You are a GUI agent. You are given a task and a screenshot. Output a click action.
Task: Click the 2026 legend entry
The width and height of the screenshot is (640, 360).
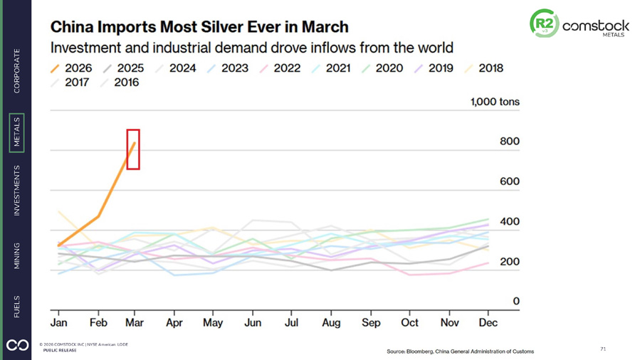coord(71,68)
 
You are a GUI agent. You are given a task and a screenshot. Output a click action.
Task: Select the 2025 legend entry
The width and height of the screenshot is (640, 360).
coord(123,68)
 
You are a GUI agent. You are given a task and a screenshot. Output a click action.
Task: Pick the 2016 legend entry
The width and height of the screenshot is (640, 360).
coord(120,83)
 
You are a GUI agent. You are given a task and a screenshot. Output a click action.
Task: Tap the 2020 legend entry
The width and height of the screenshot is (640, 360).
coord(382,68)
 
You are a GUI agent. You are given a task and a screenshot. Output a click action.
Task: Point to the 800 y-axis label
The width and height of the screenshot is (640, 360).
coord(510,142)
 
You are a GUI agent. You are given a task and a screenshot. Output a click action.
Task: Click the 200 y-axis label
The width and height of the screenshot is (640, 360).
coord(510,261)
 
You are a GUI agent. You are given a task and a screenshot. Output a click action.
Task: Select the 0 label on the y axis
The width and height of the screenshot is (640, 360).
coord(516,301)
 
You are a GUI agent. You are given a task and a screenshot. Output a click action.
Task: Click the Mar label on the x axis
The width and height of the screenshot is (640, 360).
coord(135,323)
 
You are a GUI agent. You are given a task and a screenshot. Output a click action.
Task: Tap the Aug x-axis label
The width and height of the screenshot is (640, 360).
coord(331,323)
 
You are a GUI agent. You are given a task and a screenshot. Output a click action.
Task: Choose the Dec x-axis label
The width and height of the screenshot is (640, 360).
coord(488,323)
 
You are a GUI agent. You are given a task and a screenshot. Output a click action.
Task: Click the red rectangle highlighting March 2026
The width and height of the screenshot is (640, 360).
coord(133,129)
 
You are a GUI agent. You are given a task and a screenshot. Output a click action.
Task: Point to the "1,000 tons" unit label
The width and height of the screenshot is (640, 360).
coord(495,102)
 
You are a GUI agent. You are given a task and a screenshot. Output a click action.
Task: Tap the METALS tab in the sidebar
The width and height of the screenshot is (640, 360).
coord(17,133)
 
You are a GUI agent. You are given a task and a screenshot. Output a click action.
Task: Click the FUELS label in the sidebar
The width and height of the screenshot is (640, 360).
coord(17,307)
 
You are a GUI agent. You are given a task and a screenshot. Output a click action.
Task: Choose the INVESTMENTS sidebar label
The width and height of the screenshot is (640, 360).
coord(17,191)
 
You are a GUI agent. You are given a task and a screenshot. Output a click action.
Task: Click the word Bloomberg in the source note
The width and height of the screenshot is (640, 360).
coord(419,351)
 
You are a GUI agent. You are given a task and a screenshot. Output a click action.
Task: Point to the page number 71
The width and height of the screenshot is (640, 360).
coord(603,349)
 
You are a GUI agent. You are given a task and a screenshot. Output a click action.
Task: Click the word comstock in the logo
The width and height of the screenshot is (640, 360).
coord(596,26)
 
